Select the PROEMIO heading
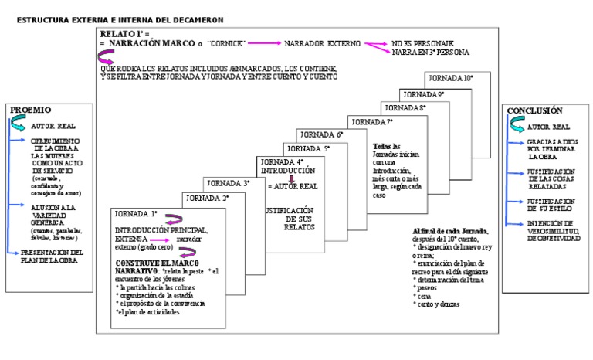[30, 110]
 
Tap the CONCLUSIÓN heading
[534, 111]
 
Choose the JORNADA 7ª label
[371, 122]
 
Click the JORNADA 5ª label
[307, 148]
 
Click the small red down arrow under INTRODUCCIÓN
[291, 178]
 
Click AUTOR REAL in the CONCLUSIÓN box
[549, 127]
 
